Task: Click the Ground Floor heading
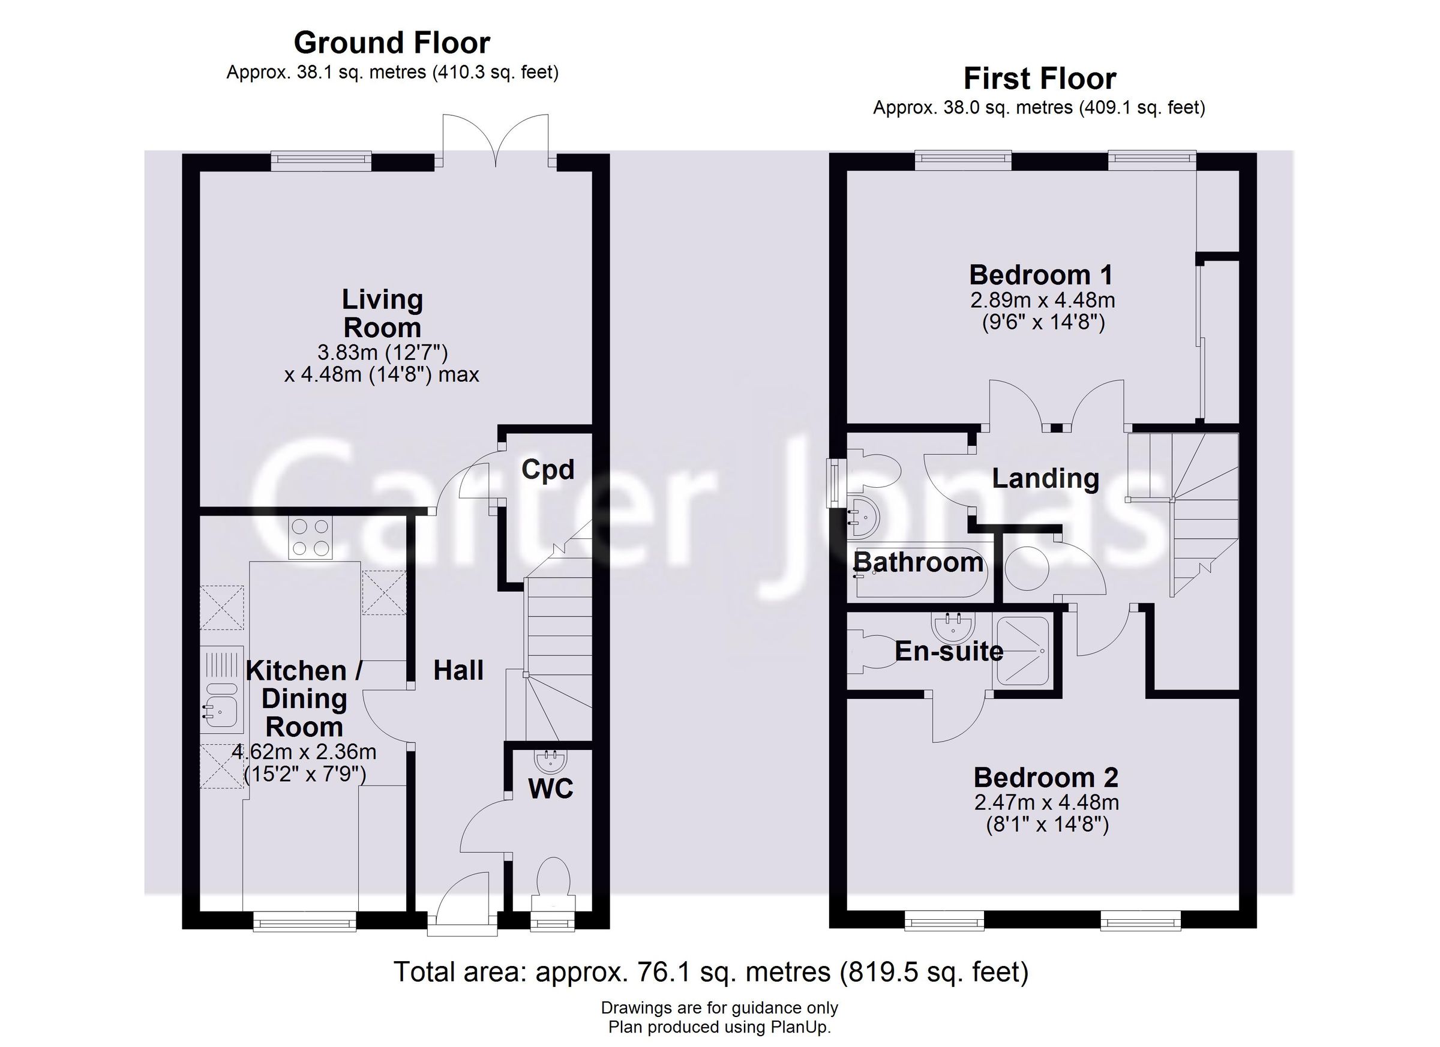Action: tap(392, 43)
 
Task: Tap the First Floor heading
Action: tap(1039, 79)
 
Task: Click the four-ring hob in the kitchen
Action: tap(310, 538)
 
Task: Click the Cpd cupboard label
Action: tap(547, 470)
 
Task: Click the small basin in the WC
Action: tap(550, 760)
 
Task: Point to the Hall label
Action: tap(458, 670)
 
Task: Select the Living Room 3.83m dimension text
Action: tap(382, 352)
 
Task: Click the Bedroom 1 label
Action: tap(1040, 275)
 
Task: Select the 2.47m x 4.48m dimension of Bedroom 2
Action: tap(1046, 803)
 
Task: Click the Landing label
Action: tap(1045, 478)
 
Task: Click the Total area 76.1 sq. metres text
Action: tap(710, 972)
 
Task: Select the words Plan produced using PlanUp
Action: tap(719, 1027)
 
